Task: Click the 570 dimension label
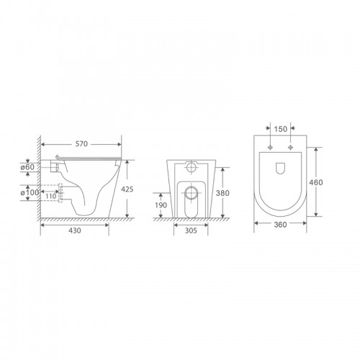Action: [81, 144]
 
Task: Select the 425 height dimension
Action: [127, 189]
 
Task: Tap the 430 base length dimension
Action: [75, 230]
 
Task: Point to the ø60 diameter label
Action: [27, 167]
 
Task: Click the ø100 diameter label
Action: [30, 192]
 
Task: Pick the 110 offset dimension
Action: [51, 197]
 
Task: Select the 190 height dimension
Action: [161, 205]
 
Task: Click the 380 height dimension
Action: [222, 193]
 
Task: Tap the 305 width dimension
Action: [191, 230]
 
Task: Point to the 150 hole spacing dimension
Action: [281, 129]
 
